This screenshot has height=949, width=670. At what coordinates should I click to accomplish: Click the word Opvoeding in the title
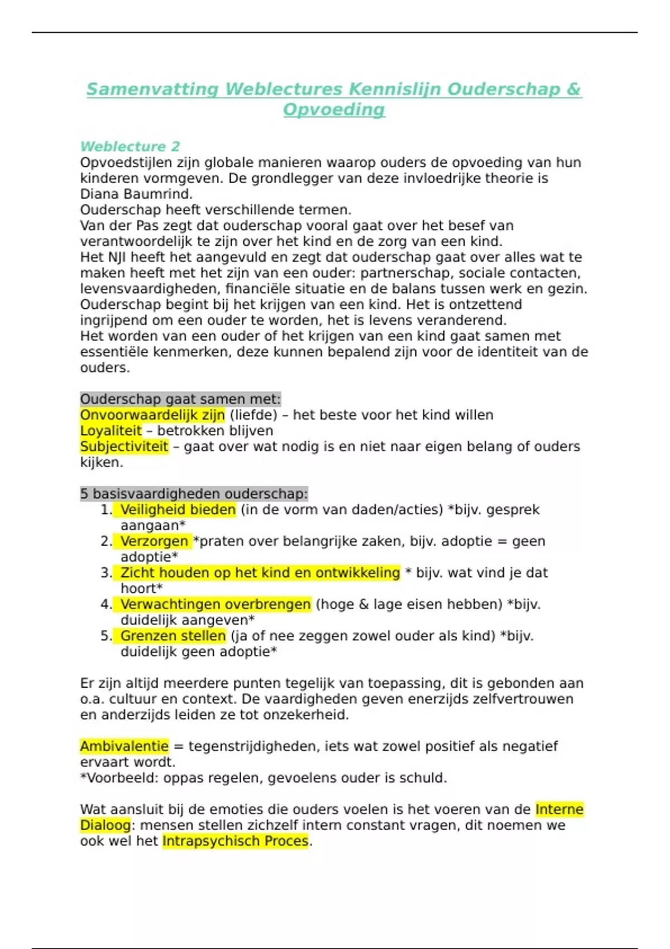click(x=334, y=109)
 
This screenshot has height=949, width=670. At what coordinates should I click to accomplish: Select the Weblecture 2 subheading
click(x=130, y=147)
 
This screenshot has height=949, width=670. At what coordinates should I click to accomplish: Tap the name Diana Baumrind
click(x=136, y=194)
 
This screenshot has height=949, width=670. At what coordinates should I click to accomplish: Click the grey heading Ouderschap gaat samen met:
click(x=180, y=399)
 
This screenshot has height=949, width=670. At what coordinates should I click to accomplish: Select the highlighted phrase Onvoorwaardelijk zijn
click(x=152, y=415)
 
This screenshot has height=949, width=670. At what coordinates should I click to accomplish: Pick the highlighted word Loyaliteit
click(x=111, y=431)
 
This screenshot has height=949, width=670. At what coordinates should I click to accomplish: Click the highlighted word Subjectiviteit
click(x=124, y=447)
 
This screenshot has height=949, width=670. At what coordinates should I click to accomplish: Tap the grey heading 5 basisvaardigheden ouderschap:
click(x=194, y=494)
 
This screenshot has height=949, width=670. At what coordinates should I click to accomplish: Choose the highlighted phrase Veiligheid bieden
click(x=178, y=510)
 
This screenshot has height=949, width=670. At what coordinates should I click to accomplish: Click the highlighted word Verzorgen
click(x=154, y=541)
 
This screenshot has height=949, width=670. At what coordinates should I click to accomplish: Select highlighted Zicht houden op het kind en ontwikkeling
click(x=260, y=573)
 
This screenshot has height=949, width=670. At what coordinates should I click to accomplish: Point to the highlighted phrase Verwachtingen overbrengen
click(x=215, y=605)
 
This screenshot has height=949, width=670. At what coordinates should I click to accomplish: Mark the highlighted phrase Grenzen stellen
click(x=173, y=636)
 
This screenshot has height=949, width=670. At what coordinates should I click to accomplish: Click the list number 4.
click(x=106, y=605)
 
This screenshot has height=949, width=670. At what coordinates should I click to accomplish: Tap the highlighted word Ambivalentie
click(x=124, y=746)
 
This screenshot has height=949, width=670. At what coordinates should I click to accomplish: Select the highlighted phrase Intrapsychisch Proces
click(x=235, y=841)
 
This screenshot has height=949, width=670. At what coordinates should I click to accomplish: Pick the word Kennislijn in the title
click(x=394, y=89)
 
